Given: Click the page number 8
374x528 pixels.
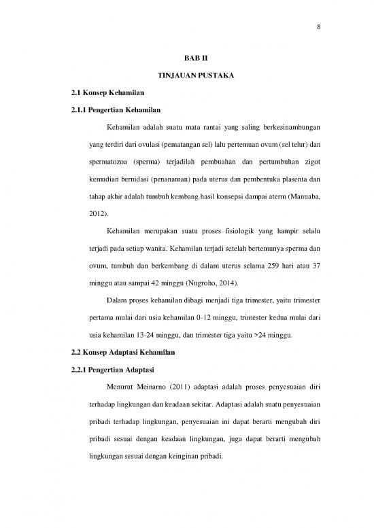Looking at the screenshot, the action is coord(319,28).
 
